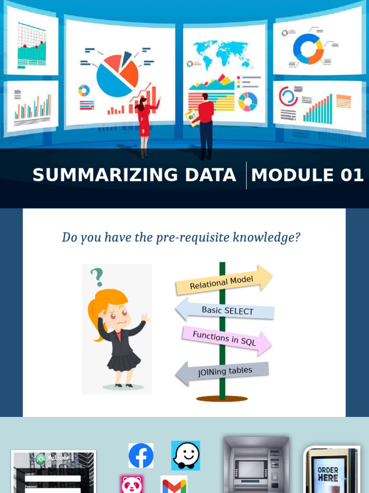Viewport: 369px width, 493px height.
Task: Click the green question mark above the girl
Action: tap(97, 276)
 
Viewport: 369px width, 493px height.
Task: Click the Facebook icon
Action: tap(141, 455)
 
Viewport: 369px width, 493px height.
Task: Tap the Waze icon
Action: tap(185, 455)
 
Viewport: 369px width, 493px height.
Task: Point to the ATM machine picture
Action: tap(256, 465)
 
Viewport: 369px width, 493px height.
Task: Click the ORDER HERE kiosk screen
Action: tap(328, 474)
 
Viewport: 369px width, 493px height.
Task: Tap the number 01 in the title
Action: tap(352, 175)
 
